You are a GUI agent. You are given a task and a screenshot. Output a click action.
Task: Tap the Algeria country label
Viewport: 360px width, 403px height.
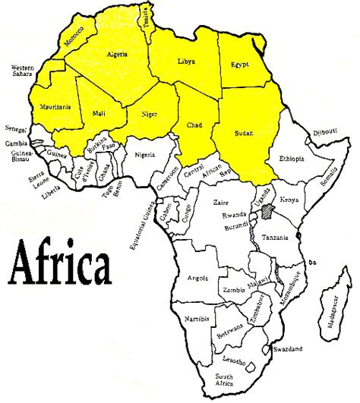point(117,55)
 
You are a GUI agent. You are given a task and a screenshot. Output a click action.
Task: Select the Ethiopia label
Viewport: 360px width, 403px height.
point(291,159)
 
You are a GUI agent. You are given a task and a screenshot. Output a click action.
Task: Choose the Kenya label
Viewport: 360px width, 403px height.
point(289,199)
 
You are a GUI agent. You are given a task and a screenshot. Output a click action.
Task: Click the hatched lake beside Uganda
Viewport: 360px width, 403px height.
point(267,210)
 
